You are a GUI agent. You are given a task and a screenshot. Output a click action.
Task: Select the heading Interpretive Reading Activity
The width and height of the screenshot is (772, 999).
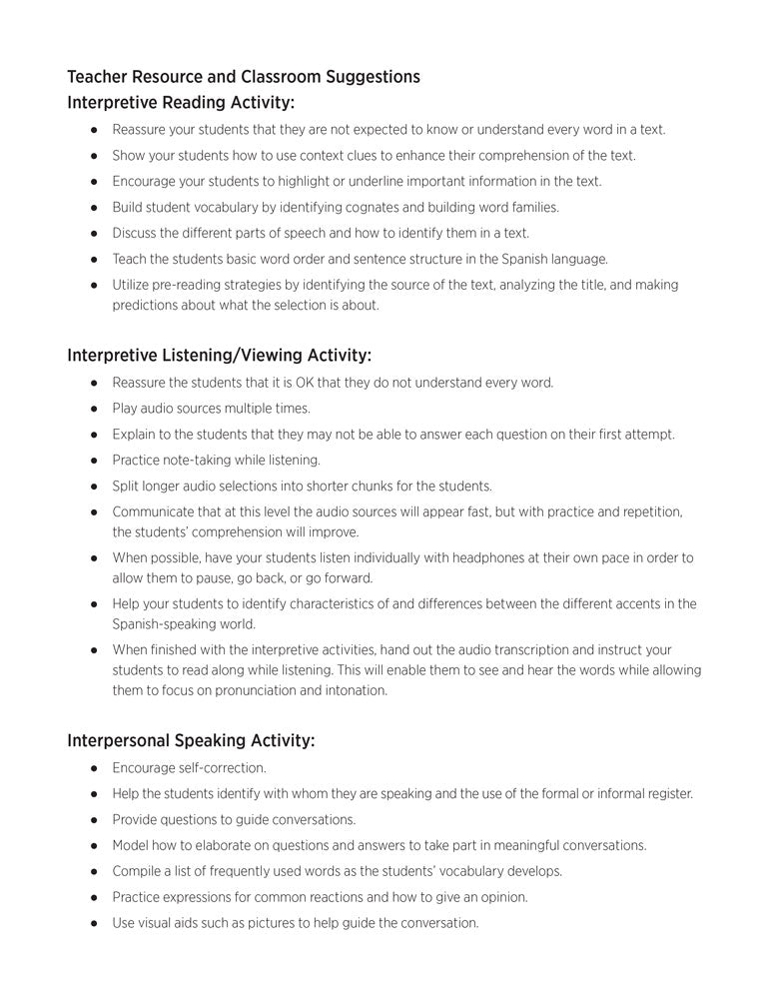tap(181, 102)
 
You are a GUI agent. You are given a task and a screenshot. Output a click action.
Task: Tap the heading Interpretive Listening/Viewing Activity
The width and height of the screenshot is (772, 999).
tap(219, 355)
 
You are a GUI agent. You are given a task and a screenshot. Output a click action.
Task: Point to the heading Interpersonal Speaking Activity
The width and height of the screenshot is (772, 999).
tap(191, 740)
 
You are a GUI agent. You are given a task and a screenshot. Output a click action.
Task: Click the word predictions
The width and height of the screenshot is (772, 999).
tap(145, 306)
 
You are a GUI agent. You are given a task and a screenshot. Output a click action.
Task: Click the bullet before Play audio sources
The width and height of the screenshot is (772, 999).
tap(93, 409)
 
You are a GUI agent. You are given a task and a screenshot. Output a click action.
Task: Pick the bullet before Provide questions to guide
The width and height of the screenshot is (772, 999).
tap(93, 820)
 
